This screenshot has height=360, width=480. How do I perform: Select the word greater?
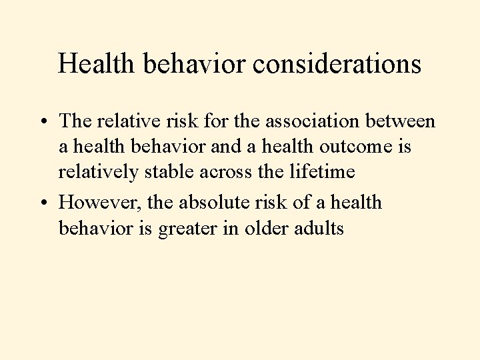(200, 229)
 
